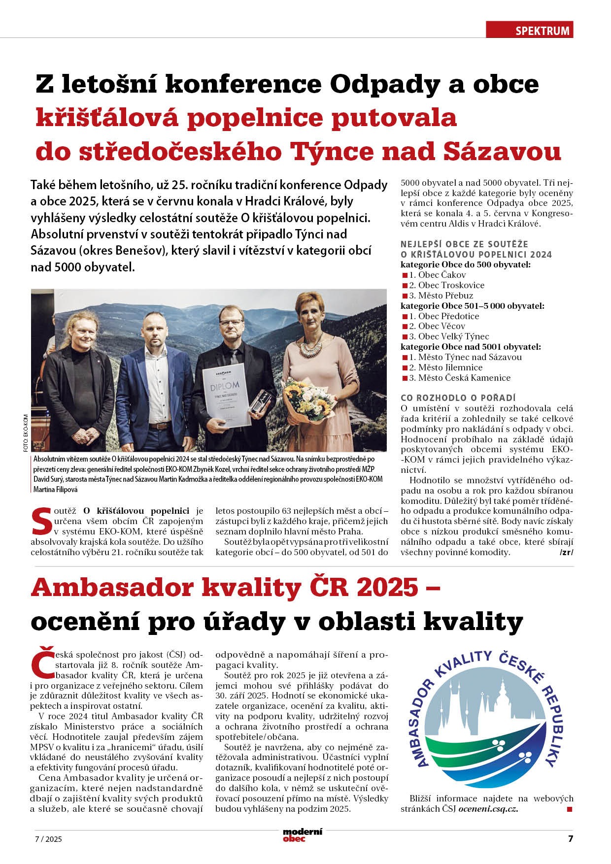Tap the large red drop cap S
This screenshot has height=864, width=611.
[x=41, y=520]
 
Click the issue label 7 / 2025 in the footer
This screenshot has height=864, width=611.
[x=48, y=839]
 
